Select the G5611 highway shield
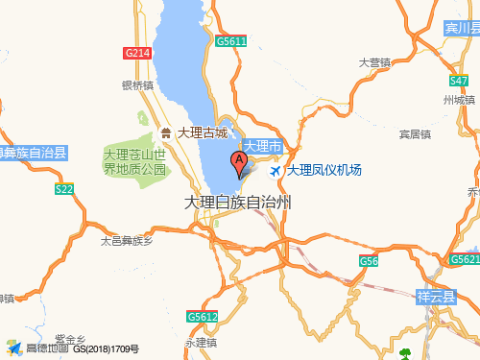coord(231,41)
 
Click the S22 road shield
coord(64,189)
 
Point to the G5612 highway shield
coord(202,316)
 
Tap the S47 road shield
coord(459,81)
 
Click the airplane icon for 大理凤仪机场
coord(277,170)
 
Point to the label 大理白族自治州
coord(238,203)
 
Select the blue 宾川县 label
coord(462,31)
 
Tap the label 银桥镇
coord(137,84)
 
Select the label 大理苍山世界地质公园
coord(135,161)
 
